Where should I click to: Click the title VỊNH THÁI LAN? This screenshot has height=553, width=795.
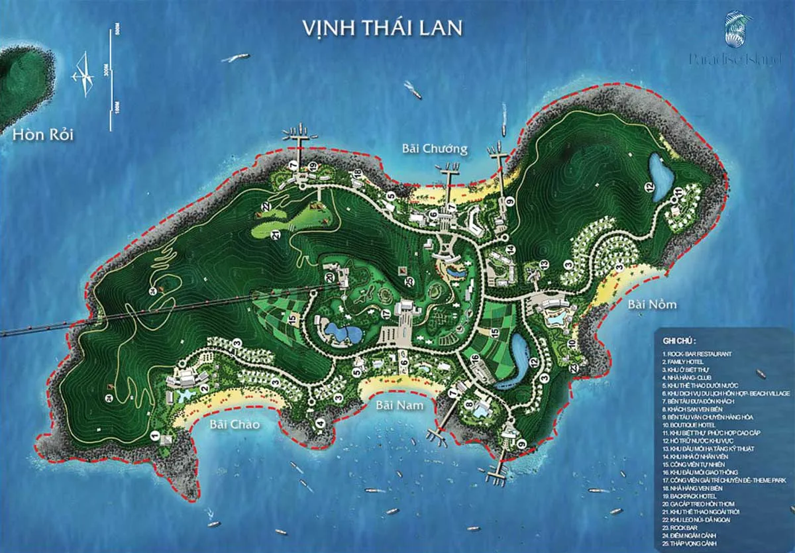[x=382, y=28]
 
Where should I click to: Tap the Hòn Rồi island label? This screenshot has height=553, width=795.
[x=42, y=136]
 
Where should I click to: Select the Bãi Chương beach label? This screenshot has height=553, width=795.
[x=435, y=148]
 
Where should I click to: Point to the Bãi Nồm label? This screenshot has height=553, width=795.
[x=653, y=305]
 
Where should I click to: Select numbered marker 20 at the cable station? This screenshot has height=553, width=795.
[x=330, y=278]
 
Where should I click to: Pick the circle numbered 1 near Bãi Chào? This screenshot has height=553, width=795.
[x=154, y=435]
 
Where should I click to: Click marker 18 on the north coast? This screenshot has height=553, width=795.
[x=356, y=174]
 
